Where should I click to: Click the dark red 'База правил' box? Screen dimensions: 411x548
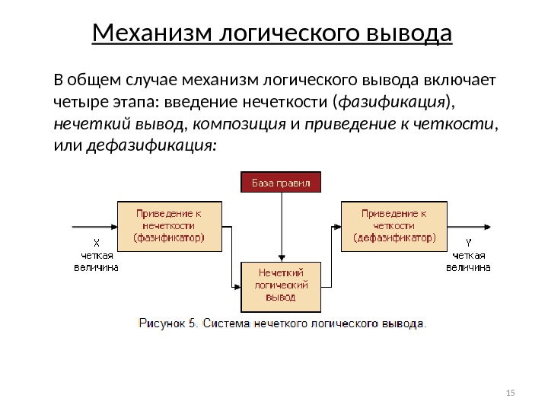(282, 183)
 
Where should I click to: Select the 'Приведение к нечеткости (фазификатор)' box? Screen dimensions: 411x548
(170, 226)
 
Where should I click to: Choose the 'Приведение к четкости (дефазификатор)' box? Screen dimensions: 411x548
(394, 226)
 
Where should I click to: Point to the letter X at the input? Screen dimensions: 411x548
(96, 243)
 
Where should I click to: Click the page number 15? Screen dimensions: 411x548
(510, 393)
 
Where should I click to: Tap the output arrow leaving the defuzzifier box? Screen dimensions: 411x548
(472, 226)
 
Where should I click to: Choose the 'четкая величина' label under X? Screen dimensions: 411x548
(96, 261)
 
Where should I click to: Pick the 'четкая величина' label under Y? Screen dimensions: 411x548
(467, 261)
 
